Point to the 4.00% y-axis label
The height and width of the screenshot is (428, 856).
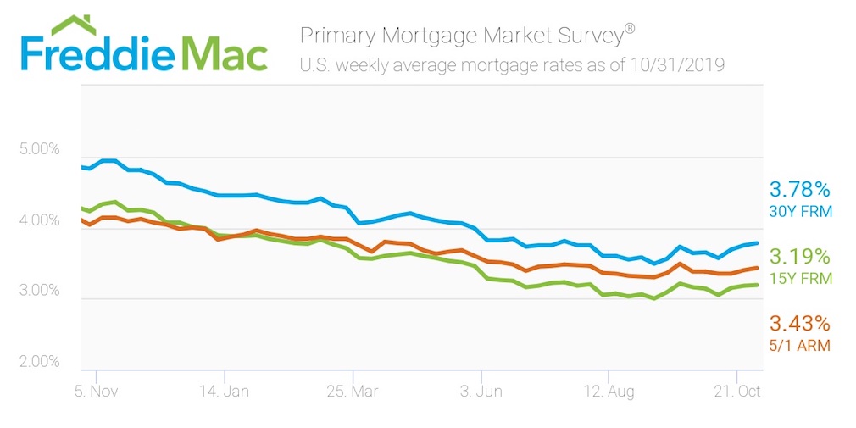pyautogui.click(x=39, y=221)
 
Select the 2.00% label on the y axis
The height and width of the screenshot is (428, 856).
pyautogui.click(x=39, y=363)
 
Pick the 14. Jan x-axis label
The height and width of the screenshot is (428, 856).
pyautogui.click(x=224, y=392)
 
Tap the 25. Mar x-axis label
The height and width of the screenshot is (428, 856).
pyautogui.click(x=351, y=392)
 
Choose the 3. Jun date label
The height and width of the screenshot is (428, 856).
pyautogui.click(x=481, y=392)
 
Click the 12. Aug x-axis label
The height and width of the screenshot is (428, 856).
pyautogui.click(x=609, y=392)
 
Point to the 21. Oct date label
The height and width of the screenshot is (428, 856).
pyautogui.click(x=736, y=392)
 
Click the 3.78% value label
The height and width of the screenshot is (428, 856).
pyautogui.click(x=799, y=189)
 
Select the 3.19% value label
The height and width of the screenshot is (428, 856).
pyautogui.click(x=799, y=256)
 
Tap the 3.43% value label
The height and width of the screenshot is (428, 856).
pyautogui.click(x=799, y=324)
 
